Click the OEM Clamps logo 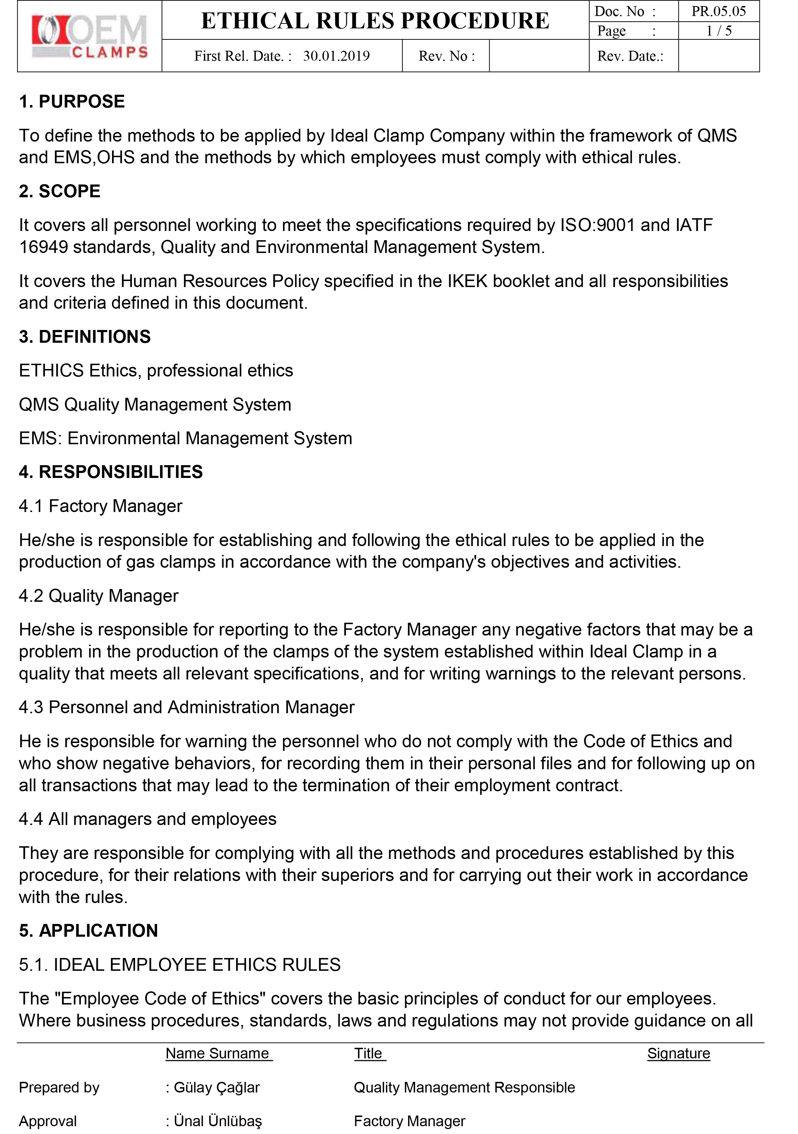89,36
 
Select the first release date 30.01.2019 336,56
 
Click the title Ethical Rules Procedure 375,21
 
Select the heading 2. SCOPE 60,191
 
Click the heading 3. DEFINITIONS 85,336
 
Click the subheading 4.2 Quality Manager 99,596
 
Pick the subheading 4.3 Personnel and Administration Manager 186,707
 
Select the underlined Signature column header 679,1053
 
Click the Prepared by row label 59,1087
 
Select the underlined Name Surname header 218,1053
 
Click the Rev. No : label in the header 446,56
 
